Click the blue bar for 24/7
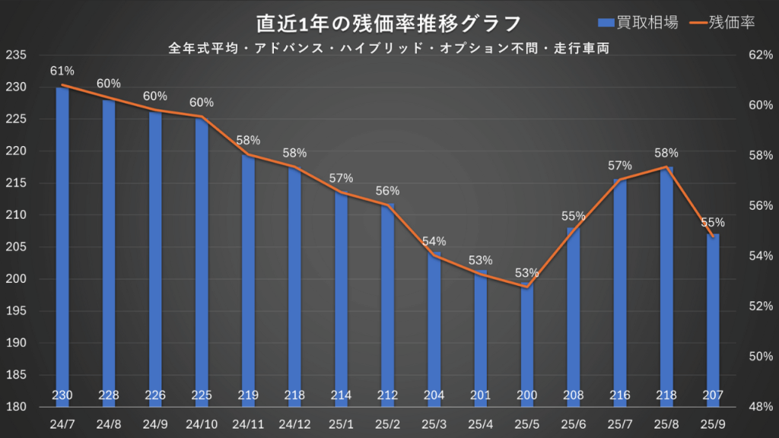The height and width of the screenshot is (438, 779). pos(62,243)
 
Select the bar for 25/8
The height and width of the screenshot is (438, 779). pos(666,281)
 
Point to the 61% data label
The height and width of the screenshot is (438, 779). pos(62,71)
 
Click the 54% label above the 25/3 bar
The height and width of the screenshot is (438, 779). pos(434,241)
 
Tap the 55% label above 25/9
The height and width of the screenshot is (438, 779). pos(713,222)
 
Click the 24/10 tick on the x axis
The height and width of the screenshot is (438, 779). pos(202,423)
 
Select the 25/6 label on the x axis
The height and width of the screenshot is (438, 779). pos(573,423)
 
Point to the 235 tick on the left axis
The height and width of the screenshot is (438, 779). pos(15,56)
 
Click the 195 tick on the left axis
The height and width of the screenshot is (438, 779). pos(15,311)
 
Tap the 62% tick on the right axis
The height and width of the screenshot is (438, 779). pos(761,56)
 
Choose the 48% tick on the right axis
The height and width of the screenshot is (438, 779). pos(761,407)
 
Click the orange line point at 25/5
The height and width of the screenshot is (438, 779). pos(527,287)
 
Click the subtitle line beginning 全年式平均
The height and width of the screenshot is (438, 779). pos(389,47)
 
